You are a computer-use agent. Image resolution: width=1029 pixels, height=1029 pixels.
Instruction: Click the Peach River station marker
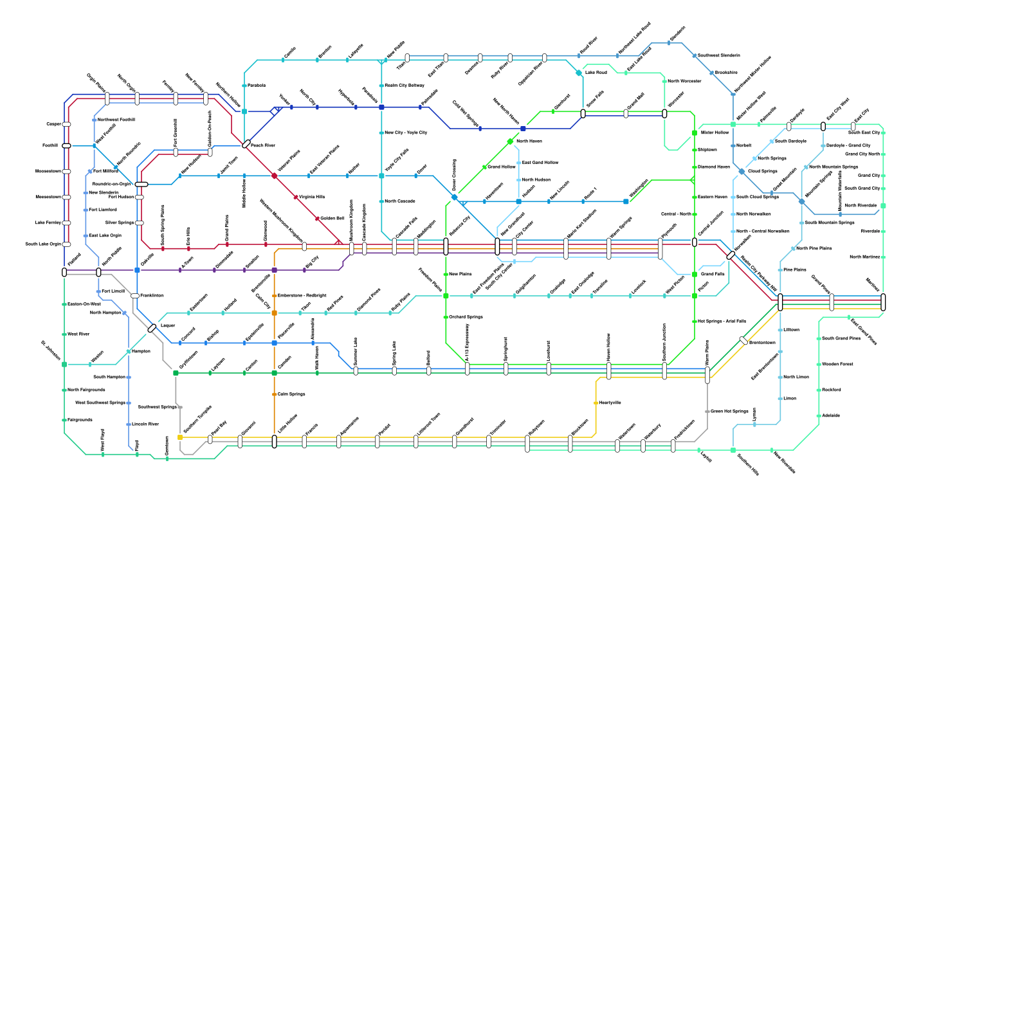pos(246,144)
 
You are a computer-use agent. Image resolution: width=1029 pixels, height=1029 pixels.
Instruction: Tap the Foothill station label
pos(50,146)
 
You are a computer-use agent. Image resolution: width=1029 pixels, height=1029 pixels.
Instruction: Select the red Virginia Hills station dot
pos(296,197)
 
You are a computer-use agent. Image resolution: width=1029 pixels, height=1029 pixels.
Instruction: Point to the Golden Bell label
pos(332,219)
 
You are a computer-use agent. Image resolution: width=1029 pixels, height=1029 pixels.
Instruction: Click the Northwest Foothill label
pos(116,120)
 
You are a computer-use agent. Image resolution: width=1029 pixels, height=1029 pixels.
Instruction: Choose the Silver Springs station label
pos(120,223)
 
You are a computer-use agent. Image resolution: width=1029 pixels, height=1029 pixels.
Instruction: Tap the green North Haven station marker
pos(510,141)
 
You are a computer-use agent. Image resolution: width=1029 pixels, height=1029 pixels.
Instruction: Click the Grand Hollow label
pos(502,167)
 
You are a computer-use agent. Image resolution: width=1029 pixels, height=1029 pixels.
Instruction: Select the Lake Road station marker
pos(579,73)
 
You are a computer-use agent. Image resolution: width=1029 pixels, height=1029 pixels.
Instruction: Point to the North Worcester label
pos(684,82)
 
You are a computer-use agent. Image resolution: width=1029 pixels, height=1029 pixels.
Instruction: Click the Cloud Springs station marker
pos(742,172)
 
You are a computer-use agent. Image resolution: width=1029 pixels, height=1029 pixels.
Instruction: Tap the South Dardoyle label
pos(790,141)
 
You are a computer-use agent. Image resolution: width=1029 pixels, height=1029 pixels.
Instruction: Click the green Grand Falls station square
pos(695,275)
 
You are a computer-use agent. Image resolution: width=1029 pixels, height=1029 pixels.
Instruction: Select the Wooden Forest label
pos(837,365)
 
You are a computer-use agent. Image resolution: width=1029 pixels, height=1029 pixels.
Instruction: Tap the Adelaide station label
pos(831,416)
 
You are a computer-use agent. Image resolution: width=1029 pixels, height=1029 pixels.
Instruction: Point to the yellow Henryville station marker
pos(596,403)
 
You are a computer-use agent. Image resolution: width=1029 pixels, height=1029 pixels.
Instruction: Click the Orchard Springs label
pos(466,317)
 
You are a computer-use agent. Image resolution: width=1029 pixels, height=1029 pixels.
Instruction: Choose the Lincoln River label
pos(145,424)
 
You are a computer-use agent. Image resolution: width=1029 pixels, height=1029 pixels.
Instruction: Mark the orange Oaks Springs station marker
pos(275,394)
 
